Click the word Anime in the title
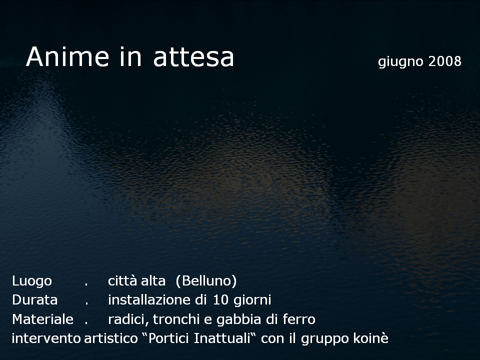click(67, 56)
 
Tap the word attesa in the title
click(193, 57)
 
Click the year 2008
click(445, 61)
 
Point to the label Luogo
click(32, 281)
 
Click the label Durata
click(35, 300)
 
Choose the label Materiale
click(43, 319)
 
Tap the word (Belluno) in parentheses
click(206, 280)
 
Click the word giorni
click(252, 300)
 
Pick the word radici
click(128, 319)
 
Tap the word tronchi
click(176, 319)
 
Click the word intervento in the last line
click(46, 338)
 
